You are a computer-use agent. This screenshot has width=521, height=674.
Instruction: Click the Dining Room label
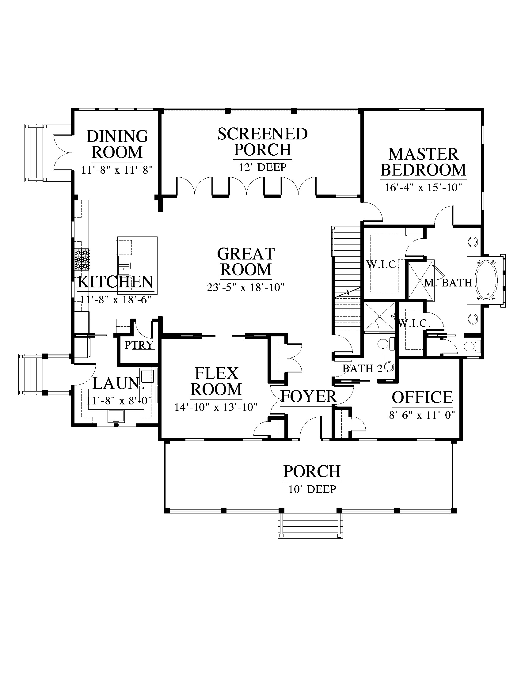tap(117, 144)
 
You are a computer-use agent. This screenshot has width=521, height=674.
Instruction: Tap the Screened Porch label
tap(263, 142)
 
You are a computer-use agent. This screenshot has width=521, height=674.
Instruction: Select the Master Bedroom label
tap(424, 162)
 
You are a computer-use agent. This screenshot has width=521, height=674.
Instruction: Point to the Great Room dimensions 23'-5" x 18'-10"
tap(245, 288)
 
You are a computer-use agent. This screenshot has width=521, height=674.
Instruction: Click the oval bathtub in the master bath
tap(487, 280)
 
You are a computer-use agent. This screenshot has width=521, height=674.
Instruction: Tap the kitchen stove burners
tap(82, 259)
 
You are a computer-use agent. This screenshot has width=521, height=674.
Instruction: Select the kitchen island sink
tap(125, 265)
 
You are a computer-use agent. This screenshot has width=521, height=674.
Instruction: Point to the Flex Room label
tap(216, 381)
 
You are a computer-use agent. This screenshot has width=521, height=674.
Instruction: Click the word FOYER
tap(309, 396)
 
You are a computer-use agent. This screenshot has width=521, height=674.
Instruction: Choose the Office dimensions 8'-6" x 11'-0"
tap(422, 415)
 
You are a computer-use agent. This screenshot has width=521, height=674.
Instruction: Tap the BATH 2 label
tap(362, 368)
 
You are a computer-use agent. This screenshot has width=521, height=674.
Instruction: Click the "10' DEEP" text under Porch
tap(312, 489)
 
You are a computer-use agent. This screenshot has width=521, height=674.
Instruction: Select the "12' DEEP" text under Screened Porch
tap(263, 167)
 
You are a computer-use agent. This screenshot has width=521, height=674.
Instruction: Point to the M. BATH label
tap(448, 282)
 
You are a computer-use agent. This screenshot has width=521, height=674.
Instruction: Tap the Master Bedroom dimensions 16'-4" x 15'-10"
tap(423, 187)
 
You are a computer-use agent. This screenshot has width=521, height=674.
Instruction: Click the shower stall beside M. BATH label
tap(420, 280)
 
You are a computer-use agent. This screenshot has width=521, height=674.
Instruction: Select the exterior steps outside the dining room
tap(36, 153)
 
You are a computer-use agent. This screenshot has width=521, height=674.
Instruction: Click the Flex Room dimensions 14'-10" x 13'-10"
tap(216, 407)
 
